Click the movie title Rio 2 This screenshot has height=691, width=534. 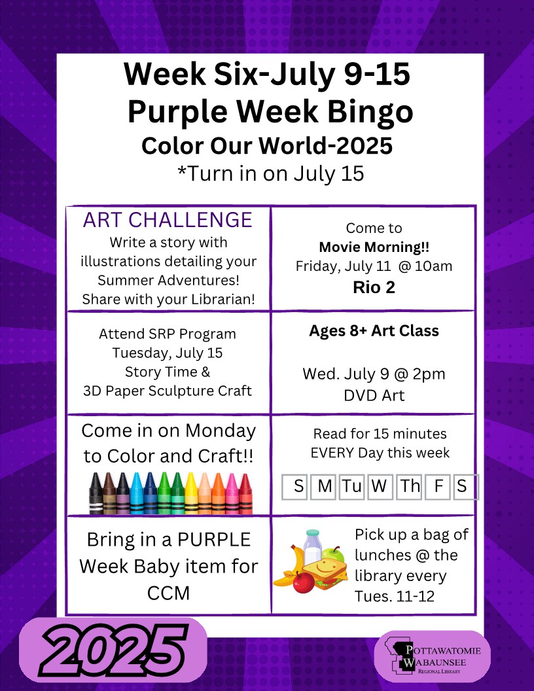pos(374,287)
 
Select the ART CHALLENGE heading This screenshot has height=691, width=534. pos(168,220)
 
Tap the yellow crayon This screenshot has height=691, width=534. pos(191,493)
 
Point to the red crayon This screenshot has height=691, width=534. pos(246,493)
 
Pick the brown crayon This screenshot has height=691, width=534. pos(109,493)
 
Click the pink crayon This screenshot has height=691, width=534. pos(232,493)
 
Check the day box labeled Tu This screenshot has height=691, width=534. pos(351,487)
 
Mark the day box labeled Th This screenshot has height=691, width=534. pos(409,487)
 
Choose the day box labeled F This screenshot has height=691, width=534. pos(438,487)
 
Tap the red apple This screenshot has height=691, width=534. pos(304,582)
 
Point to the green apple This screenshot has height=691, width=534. pos(333,554)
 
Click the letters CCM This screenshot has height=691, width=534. pos(168,593)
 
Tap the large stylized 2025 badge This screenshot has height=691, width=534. pos(113,650)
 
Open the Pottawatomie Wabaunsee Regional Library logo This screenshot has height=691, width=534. pos(432,656)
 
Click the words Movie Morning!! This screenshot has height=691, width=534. pos(374,247)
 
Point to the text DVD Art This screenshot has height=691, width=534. pos(374,395)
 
